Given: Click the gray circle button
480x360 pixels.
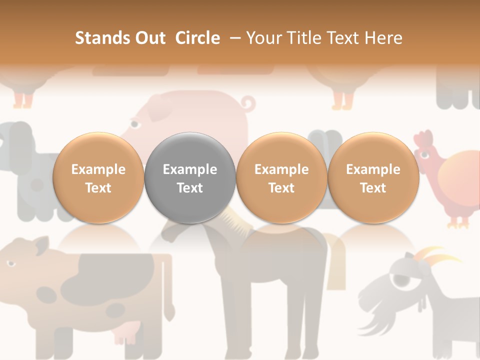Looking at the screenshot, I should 190,178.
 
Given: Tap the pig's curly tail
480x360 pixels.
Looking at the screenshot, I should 247,104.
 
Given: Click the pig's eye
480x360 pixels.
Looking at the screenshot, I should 134,123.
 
